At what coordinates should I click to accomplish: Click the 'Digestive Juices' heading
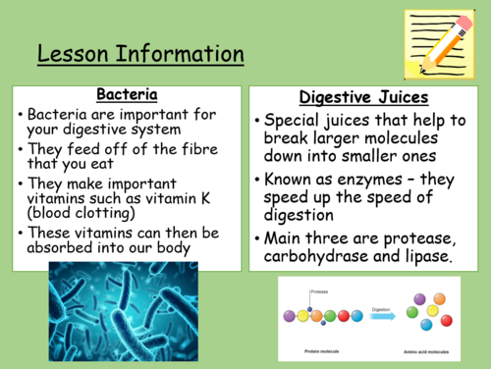(364, 98)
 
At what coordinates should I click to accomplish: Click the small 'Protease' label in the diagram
(320, 291)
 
